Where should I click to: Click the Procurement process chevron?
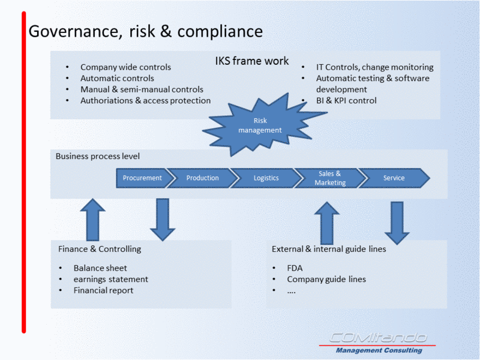point(142,178)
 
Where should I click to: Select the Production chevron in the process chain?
point(203,178)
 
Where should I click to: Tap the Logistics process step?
point(266,178)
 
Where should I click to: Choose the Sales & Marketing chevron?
point(330,178)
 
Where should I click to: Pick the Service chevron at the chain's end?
point(394,178)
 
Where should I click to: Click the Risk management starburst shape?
point(260,125)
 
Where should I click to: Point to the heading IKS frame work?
point(251,61)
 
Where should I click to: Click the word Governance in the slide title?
point(76,32)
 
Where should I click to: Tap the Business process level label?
point(98,156)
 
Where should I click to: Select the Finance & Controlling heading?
point(100,249)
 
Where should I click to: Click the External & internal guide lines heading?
point(329,249)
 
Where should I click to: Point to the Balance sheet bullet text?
point(100,268)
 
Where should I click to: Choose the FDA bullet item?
point(295,268)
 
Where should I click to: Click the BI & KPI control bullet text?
point(346,100)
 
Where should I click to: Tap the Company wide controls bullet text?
point(125,67)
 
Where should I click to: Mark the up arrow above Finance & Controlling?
point(93,220)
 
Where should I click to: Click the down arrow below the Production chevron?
point(163,220)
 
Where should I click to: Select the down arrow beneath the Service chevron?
point(397,223)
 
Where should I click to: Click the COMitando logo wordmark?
point(378,338)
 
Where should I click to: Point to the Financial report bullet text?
point(103,290)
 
